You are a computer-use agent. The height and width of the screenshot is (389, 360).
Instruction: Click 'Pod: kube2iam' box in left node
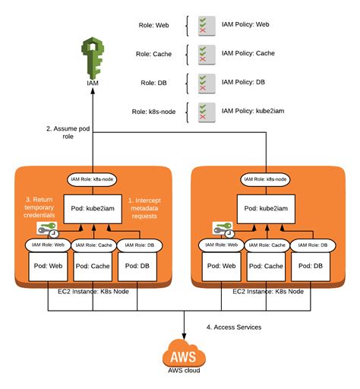click(93, 207)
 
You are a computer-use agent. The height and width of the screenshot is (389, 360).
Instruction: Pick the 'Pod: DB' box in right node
click(313, 266)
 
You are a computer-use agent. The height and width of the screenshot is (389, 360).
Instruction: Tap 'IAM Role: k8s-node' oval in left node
click(93, 179)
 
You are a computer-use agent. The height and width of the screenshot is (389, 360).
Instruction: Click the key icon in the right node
click(223, 227)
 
